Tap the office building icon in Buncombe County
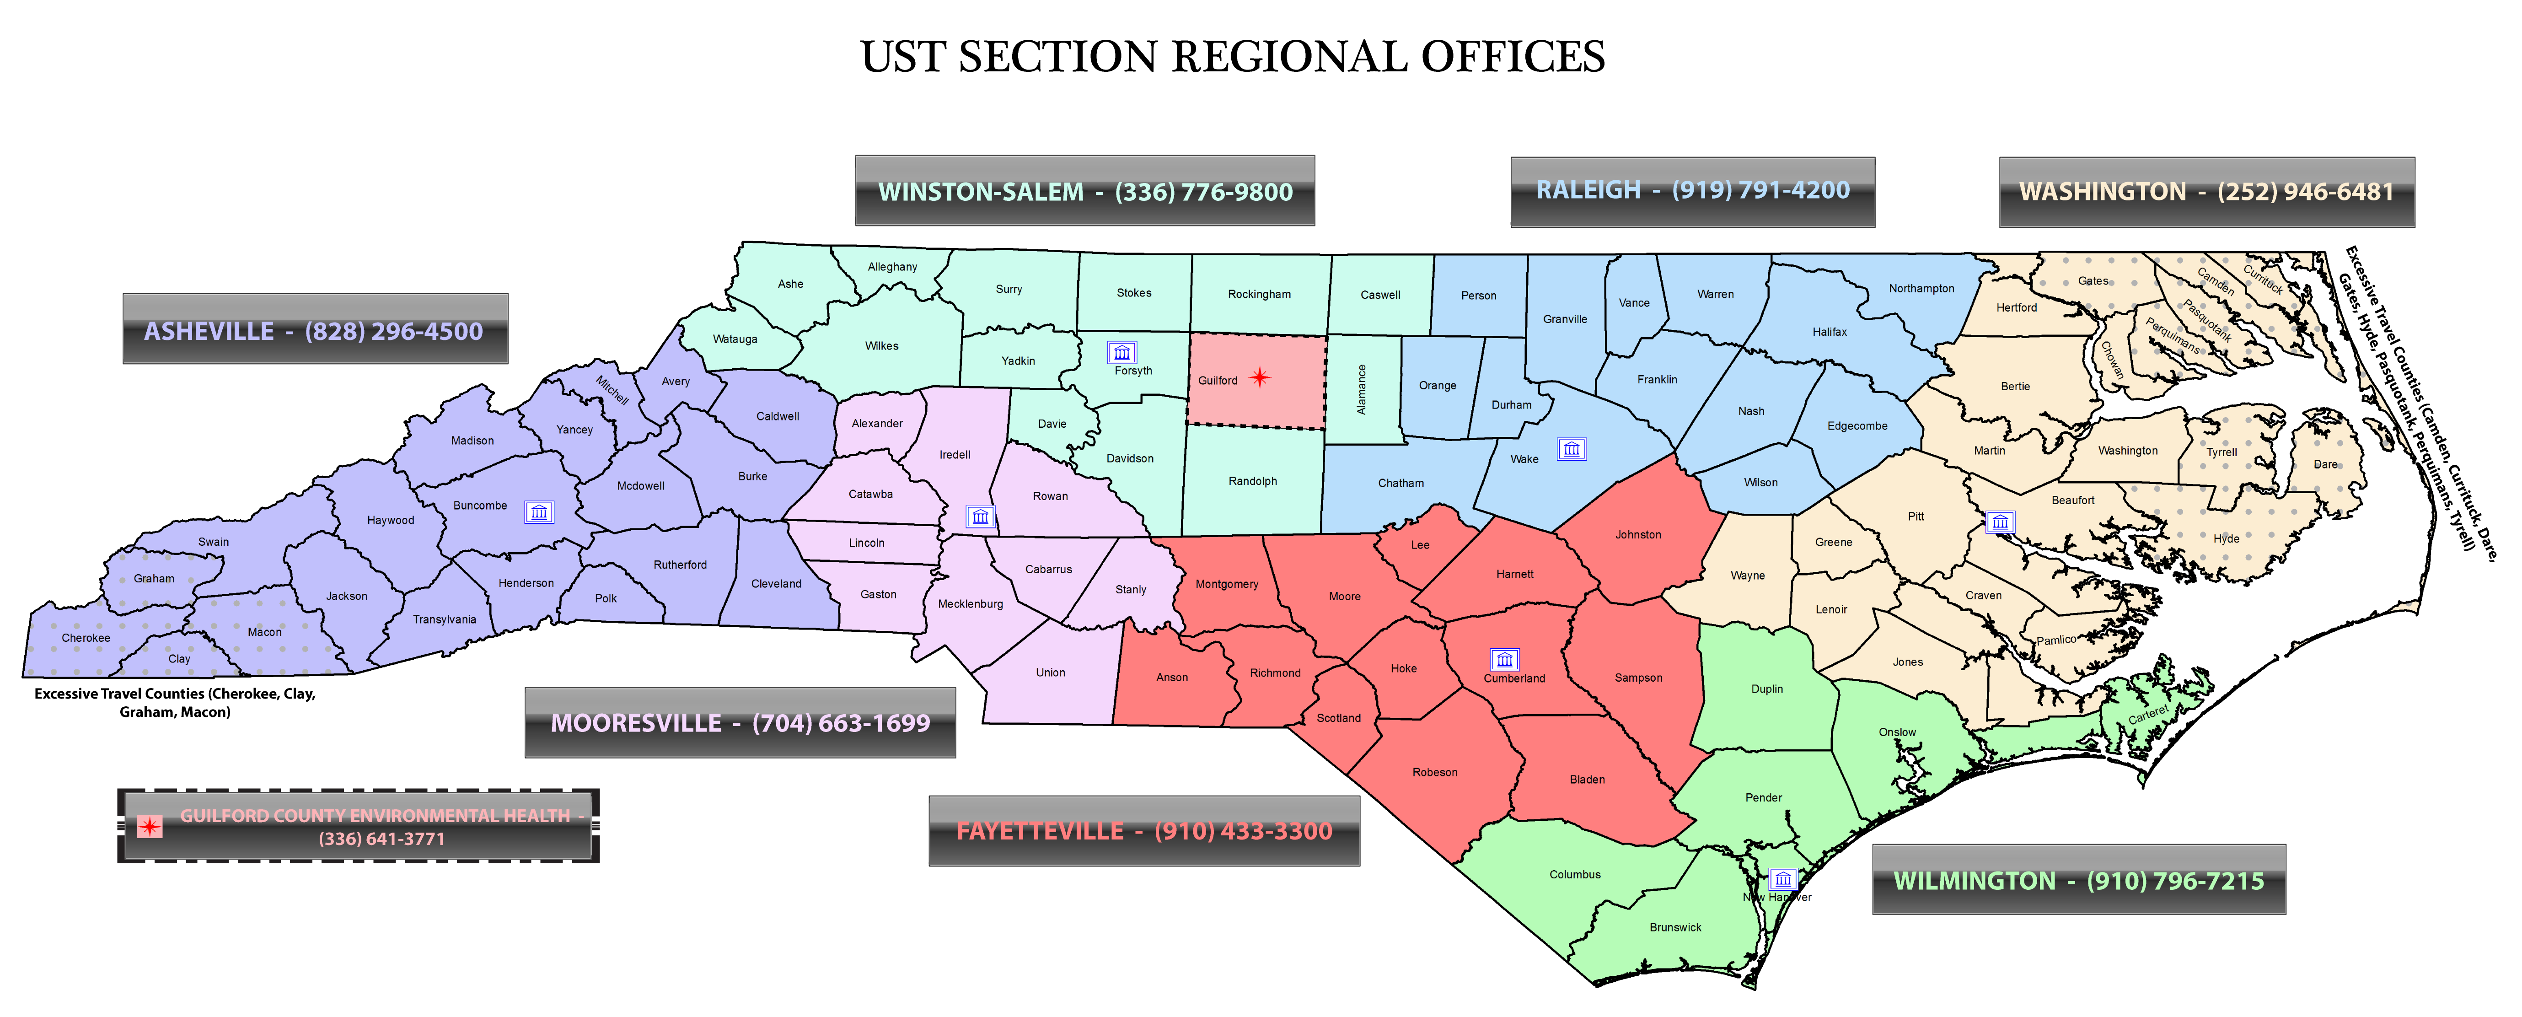coord(538,512)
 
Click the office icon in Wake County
coord(1572,449)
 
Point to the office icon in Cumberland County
coord(1505,660)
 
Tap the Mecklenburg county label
coord(970,604)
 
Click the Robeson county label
coord(1434,772)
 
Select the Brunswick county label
coord(1675,927)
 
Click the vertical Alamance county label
coord(1361,390)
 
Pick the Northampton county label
coord(1921,289)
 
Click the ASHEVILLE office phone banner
coord(314,330)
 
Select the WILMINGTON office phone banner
coord(2078,880)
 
